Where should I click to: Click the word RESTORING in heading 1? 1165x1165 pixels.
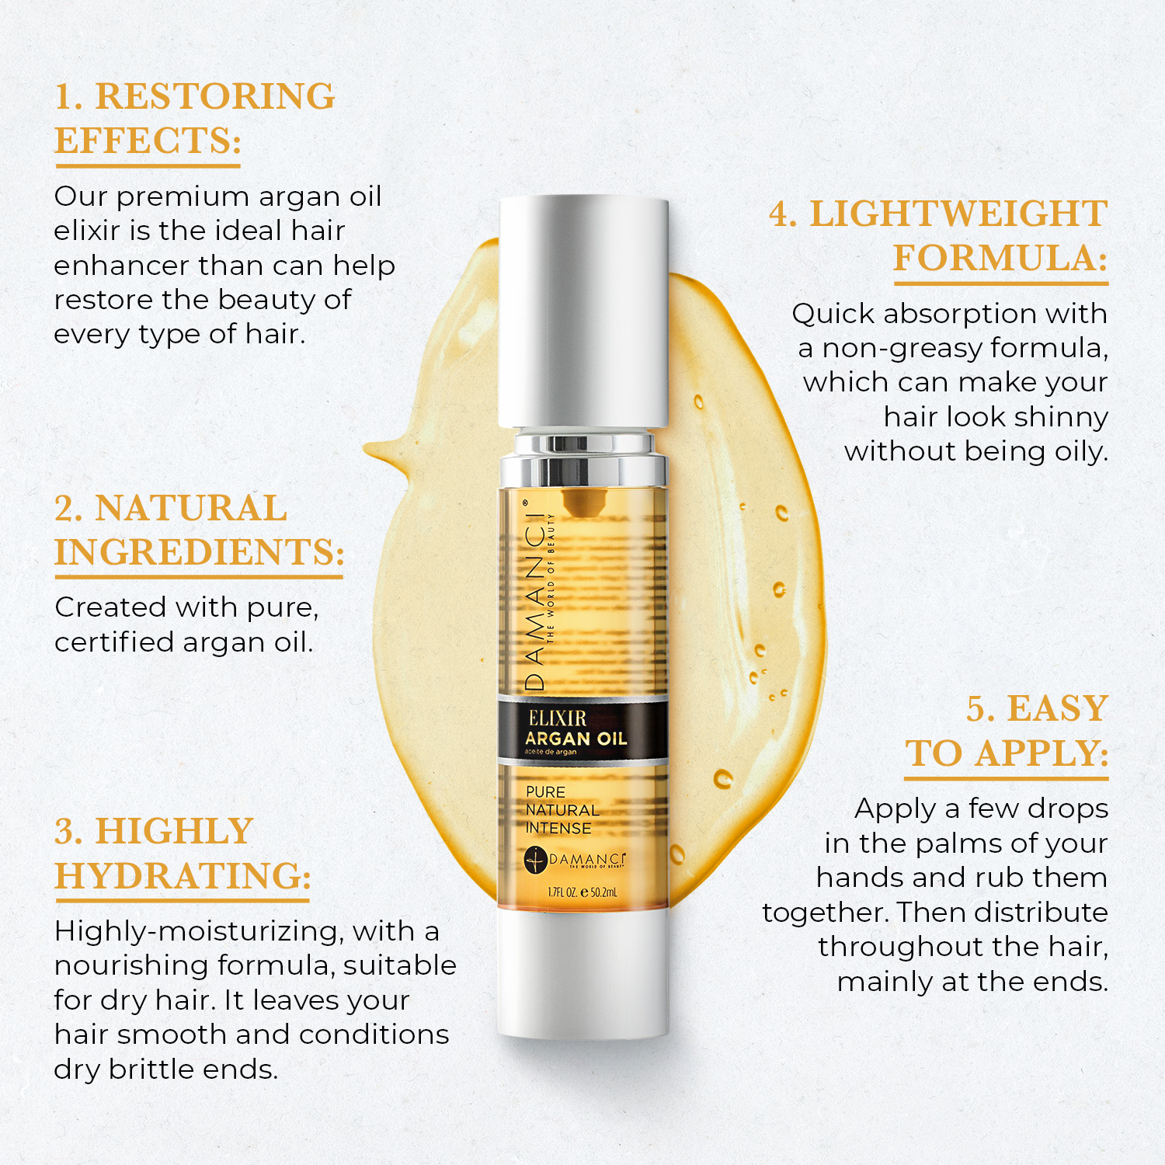[x=214, y=96]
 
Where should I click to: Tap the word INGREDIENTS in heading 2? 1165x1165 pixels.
[x=199, y=552]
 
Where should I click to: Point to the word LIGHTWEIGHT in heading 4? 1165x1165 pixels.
[x=958, y=214]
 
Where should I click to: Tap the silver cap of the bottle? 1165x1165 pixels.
[x=583, y=311]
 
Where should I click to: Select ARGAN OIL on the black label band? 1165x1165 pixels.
[x=576, y=739]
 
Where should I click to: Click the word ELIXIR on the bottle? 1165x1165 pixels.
[x=557, y=718]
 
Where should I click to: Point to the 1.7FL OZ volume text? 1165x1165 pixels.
[x=562, y=892]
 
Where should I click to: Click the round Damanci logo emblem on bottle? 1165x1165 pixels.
[x=536, y=860]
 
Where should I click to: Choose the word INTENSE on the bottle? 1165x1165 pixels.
[x=558, y=828]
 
